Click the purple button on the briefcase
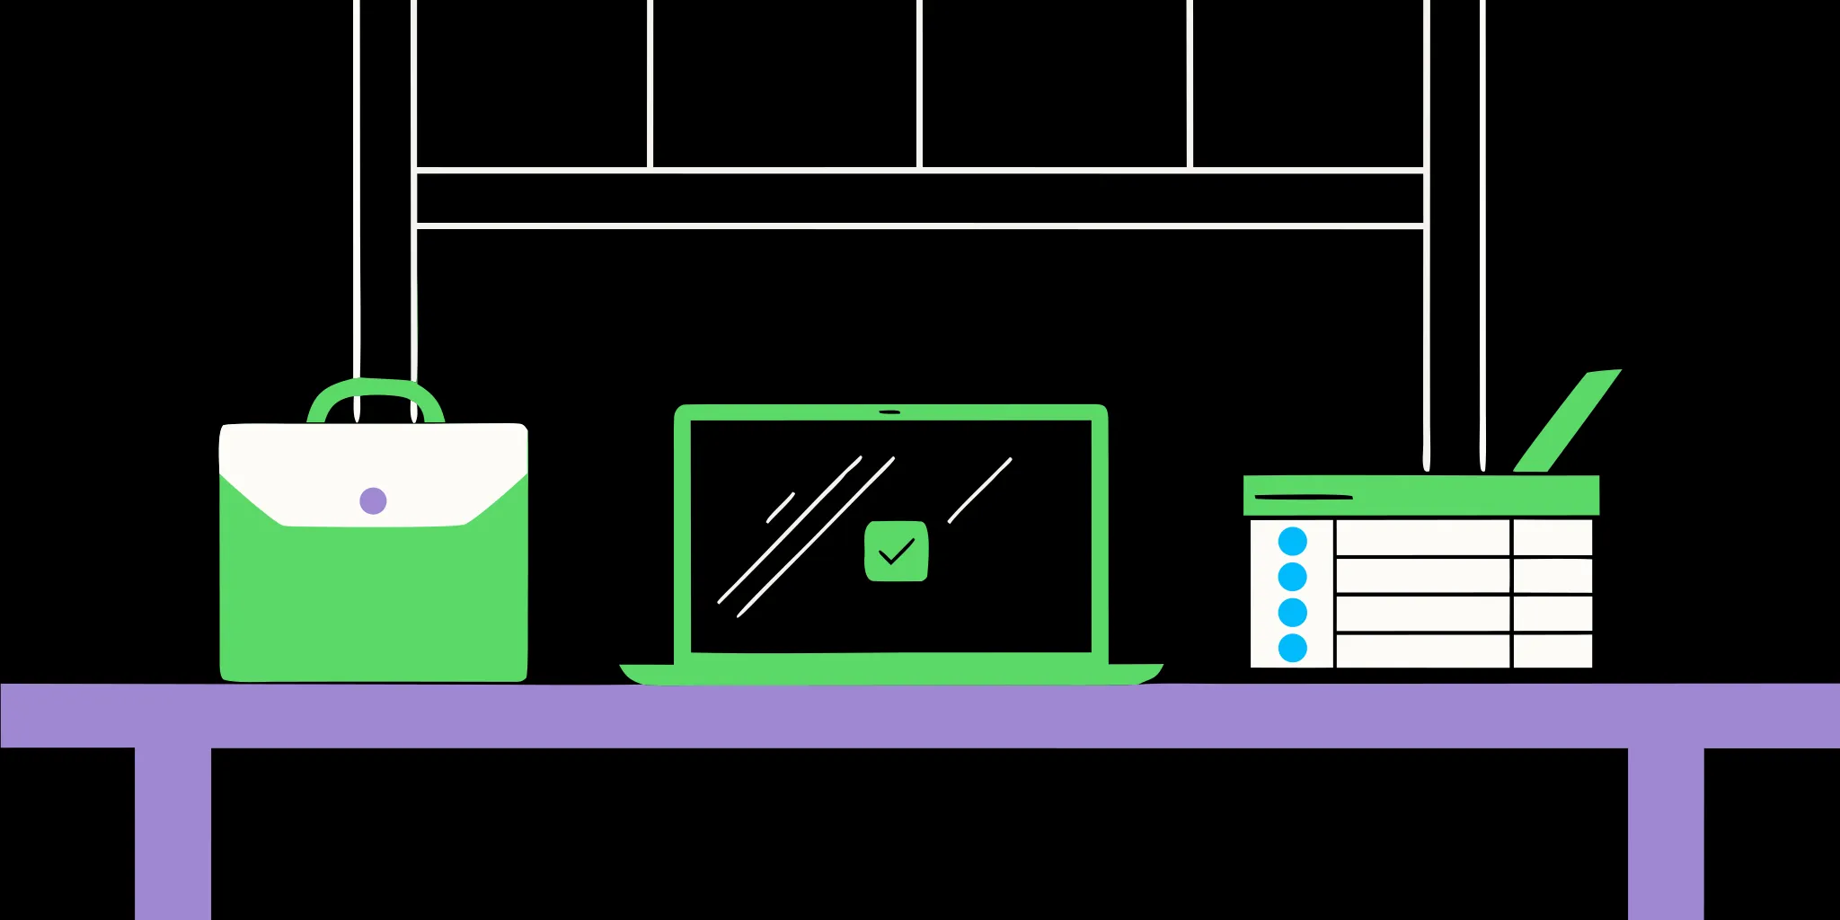click(x=373, y=500)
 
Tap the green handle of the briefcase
click(x=376, y=388)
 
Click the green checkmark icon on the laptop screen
click(x=896, y=551)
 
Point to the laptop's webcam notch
click(x=889, y=412)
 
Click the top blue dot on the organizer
click(x=1292, y=541)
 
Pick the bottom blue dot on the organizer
click(x=1292, y=648)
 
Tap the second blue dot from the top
click(x=1292, y=576)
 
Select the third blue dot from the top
click(x=1292, y=612)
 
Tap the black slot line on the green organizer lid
click(x=1303, y=497)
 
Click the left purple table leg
click(x=172, y=831)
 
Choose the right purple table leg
click(x=1665, y=831)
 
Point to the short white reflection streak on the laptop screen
click(x=780, y=508)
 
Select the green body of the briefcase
click(x=373, y=602)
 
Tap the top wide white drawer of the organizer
click(x=1422, y=538)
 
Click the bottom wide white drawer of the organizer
click(x=1422, y=651)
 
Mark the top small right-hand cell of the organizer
click(x=1552, y=538)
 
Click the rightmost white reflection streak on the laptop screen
click(x=980, y=490)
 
